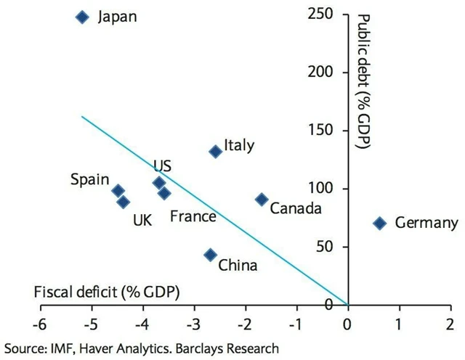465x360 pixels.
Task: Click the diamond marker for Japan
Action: pos(82,17)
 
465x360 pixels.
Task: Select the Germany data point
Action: pos(379,223)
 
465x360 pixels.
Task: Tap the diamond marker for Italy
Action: pos(215,151)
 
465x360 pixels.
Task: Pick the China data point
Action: pos(210,255)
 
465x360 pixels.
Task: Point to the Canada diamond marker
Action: pos(262,199)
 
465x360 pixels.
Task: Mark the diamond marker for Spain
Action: pos(118,191)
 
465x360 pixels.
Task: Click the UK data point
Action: pos(123,202)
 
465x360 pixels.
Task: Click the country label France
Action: pos(193,216)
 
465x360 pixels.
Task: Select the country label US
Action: pos(162,166)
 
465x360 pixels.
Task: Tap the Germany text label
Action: pos(426,223)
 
